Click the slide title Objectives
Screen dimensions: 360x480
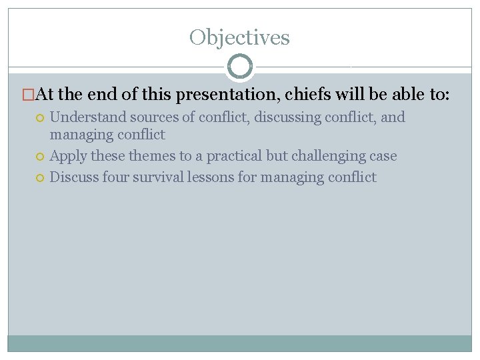click(239, 37)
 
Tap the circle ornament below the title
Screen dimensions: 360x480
click(240, 67)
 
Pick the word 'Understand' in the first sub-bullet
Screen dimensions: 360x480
click(87, 117)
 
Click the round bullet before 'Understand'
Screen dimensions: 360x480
click(41, 118)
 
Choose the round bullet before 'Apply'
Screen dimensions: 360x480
click(41, 157)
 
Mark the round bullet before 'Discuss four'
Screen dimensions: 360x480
click(41, 178)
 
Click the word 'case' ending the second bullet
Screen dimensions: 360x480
click(383, 156)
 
